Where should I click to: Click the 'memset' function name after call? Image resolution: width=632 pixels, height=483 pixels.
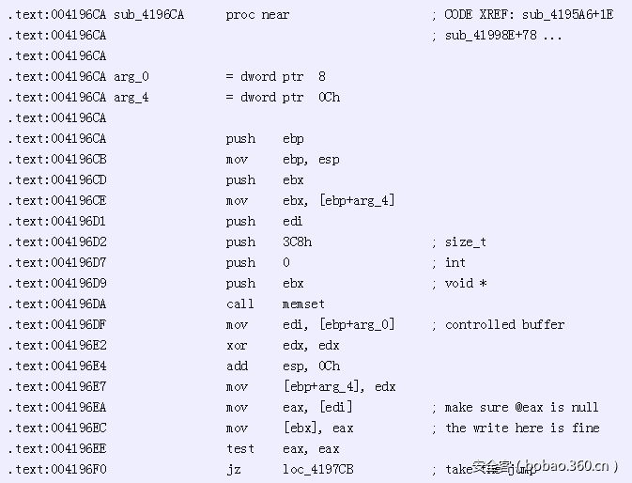(x=303, y=304)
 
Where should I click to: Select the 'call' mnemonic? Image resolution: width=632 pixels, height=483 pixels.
(x=239, y=304)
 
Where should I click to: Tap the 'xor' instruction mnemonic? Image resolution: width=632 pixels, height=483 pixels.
(x=236, y=345)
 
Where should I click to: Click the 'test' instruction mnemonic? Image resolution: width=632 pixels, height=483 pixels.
(x=239, y=448)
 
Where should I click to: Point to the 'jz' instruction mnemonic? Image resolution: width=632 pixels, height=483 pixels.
(x=233, y=469)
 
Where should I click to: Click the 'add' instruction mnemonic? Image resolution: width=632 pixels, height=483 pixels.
(x=236, y=366)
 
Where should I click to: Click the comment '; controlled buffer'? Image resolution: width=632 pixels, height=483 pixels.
(x=498, y=324)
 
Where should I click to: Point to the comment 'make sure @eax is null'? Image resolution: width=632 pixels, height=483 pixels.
(x=521, y=407)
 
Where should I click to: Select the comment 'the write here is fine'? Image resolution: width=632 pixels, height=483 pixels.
(x=521, y=428)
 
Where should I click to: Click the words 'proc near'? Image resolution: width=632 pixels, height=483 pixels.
(x=257, y=14)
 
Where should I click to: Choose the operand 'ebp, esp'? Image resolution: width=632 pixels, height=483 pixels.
(x=311, y=159)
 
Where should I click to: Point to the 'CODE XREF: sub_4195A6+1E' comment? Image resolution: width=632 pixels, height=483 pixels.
(x=528, y=14)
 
